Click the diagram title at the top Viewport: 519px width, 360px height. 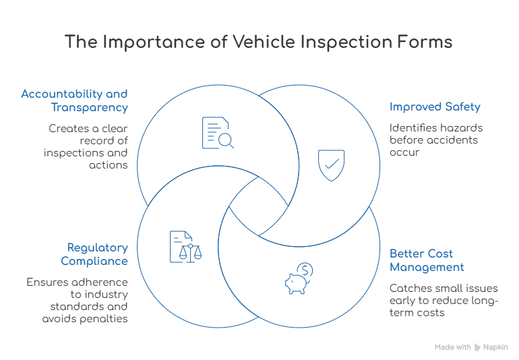click(259, 42)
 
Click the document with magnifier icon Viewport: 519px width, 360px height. click(215, 131)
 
